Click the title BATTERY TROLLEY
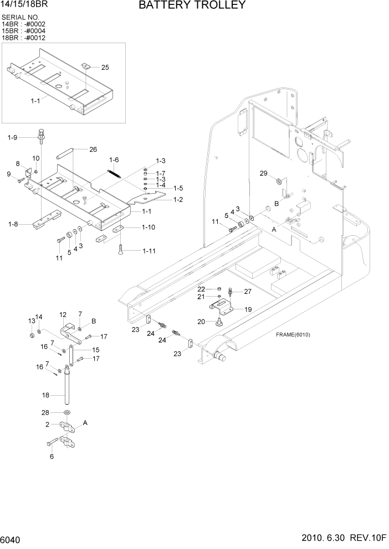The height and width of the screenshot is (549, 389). coord(192,6)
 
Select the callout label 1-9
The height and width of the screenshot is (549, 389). coord(12,137)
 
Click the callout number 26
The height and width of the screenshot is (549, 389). coord(93,149)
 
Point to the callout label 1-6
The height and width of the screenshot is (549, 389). coord(114,160)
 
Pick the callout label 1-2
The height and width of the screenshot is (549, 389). coord(178,199)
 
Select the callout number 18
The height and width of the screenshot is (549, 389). coord(45,395)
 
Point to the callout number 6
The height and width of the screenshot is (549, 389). coord(52,457)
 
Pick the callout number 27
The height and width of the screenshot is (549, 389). coord(248,291)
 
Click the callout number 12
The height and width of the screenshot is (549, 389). coord(63,314)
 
